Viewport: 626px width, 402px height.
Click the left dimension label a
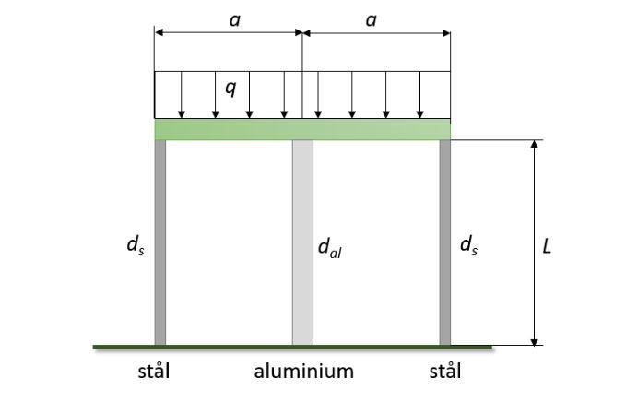click(x=234, y=18)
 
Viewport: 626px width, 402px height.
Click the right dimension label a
click(x=372, y=18)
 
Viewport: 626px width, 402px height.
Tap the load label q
click(x=230, y=89)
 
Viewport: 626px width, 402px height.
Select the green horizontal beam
click(x=302, y=129)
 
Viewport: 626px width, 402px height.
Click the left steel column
click(x=159, y=242)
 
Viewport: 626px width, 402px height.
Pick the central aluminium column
click(x=302, y=242)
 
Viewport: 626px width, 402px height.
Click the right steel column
click(x=445, y=242)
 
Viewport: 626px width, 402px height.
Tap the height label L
click(x=547, y=246)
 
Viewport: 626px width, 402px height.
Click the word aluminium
click(x=304, y=372)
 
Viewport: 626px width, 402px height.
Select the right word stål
click(x=445, y=372)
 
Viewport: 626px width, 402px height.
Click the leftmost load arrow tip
click(x=182, y=116)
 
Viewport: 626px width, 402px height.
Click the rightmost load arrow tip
click(x=420, y=116)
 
